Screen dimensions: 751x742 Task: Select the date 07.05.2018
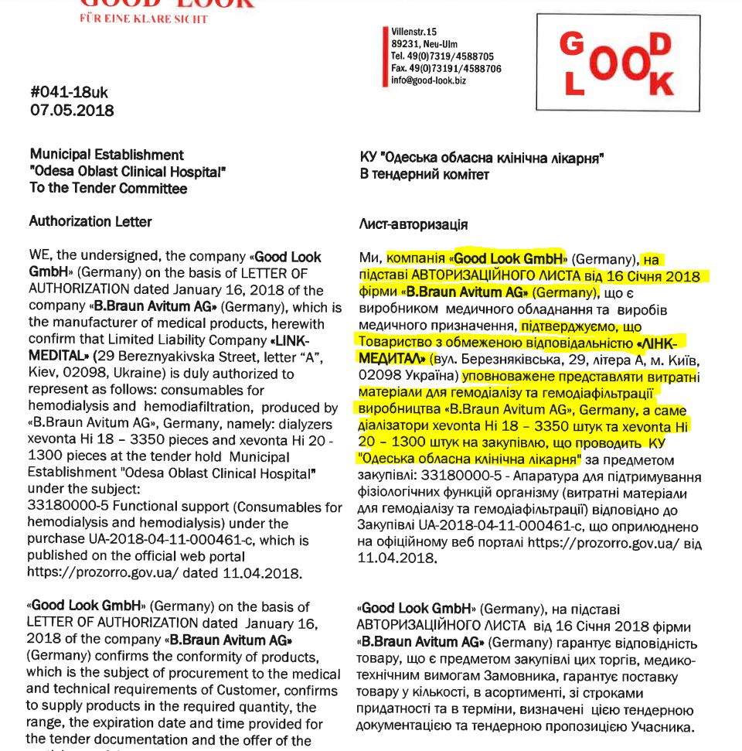(71, 111)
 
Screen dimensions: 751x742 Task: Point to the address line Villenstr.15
(414, 32)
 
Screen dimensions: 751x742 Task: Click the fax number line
(446, 68)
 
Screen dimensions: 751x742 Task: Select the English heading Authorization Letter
(90, 222)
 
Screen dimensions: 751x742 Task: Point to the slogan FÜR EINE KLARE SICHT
(144, 19)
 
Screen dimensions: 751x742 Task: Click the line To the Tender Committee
(108, 188)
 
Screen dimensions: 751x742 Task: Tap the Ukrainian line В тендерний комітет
(424, 175)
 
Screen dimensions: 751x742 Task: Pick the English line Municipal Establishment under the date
(107, 155)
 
